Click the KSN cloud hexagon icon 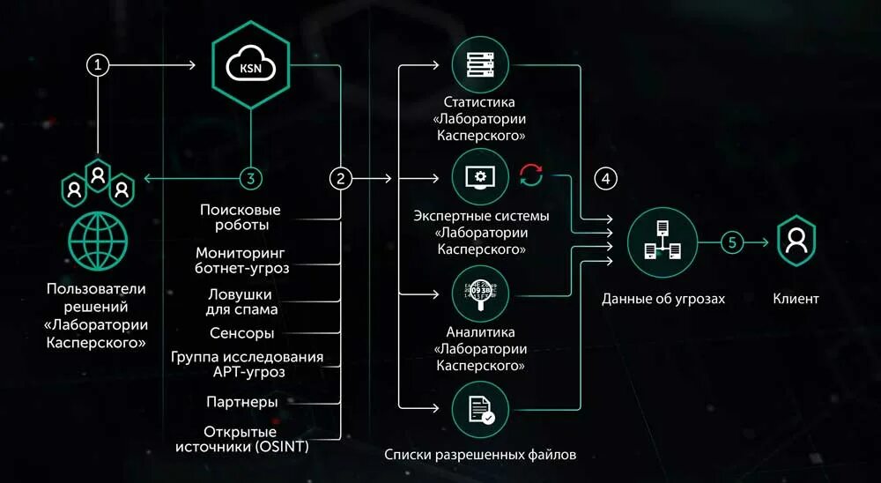pos(251,64)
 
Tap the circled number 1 pos(99,65)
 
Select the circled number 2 pos(341,178)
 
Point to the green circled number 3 pos(251,178)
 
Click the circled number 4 pos(605,178)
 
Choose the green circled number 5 pos(732,241)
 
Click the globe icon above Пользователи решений pos(98,241)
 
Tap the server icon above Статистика pos(481,64)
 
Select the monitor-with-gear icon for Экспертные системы pos(481,177)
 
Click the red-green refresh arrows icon pos(532,176)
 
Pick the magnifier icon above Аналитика pos(481,295)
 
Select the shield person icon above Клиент pos(796,241)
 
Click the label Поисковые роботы pos(240,217)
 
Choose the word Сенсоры pos(241,333)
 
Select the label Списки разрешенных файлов pos(480,455)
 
